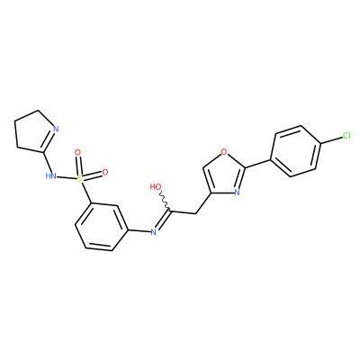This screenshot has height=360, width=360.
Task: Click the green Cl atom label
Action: coord(346,136)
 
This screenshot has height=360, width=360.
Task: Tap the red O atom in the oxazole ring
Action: coord(223,152)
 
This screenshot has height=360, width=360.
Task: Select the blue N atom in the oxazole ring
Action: coord(237,192)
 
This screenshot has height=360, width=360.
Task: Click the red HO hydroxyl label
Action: coord(156,187)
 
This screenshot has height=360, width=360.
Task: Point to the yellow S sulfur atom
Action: coord(79,179)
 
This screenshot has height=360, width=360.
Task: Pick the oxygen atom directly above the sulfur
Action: coord(77,152)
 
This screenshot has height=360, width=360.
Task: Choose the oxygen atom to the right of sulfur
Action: coord(105,172)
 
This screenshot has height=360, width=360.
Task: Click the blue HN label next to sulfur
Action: coord(50,175)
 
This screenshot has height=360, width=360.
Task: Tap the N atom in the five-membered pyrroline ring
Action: coord(56,130)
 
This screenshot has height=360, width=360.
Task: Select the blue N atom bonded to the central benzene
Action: coord(153,231)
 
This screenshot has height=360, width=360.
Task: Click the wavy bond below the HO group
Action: coord(165,200)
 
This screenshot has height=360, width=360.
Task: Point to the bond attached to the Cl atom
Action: coord(331,140)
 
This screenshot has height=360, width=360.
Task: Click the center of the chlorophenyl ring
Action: coord(296,151)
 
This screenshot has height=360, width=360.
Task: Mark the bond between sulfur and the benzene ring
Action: coord(85,193)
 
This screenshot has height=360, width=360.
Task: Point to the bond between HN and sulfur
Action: coord(67,177)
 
